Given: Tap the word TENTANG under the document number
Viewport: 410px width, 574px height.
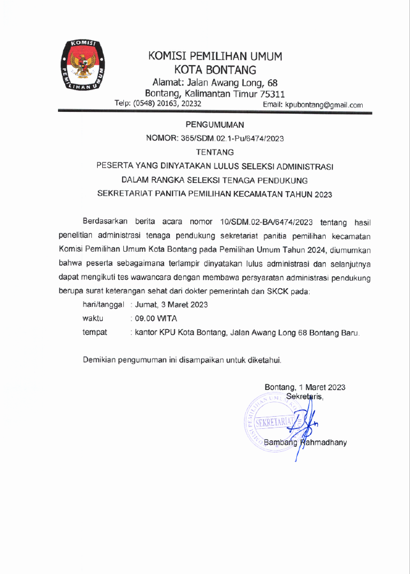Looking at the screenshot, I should click(x=215, y=152).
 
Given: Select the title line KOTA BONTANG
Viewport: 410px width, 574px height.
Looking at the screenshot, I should click(x=215, y=70).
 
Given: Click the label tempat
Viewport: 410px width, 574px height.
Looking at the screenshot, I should click(x=95, y=332).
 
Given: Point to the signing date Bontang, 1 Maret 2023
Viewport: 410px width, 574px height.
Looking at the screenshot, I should click(x=305, y=387).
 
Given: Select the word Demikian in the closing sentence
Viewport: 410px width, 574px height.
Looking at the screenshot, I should click(x=100, y=360).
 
